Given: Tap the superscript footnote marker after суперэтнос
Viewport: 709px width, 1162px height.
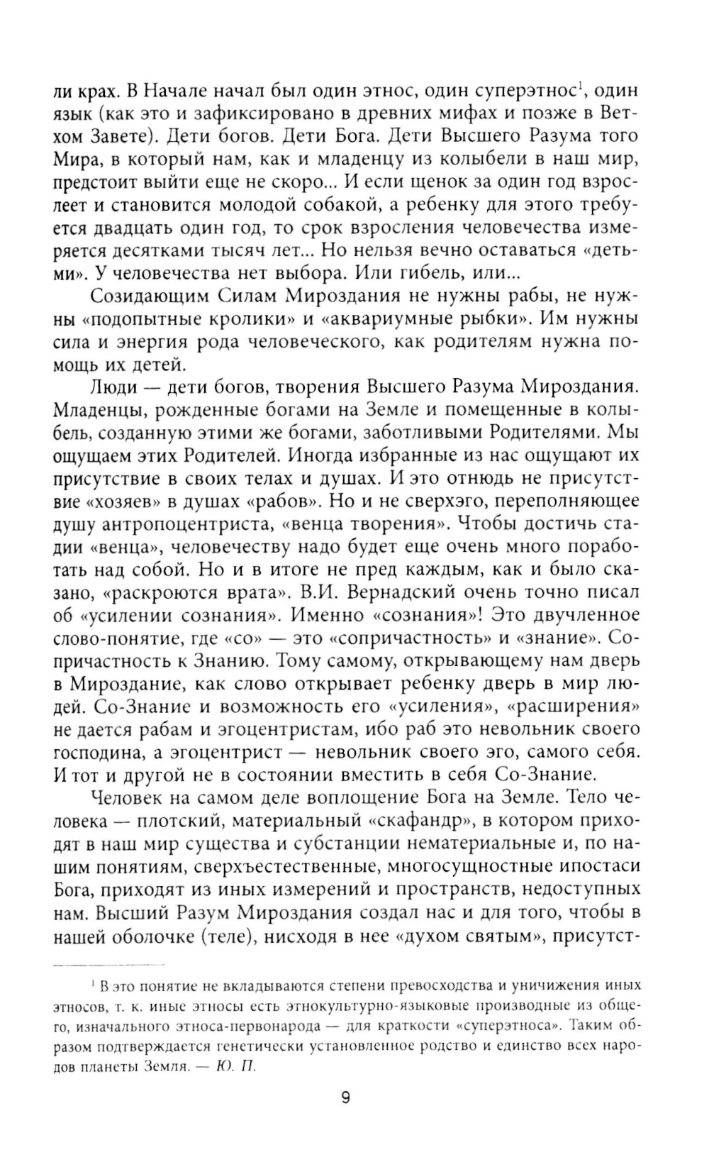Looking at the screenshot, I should click(x=580, y=87).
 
